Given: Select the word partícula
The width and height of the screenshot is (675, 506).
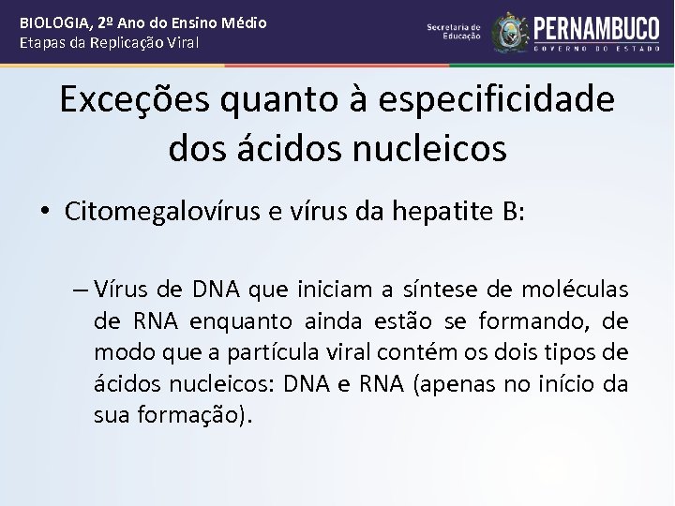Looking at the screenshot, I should (x=253, y=353).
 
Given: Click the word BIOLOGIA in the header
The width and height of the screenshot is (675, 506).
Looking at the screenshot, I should (x=59, y=22).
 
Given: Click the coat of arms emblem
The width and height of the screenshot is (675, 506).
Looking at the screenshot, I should (x=510, y=32).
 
